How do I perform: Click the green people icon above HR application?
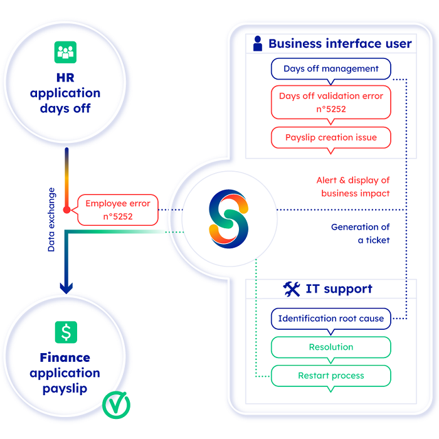(66, 53)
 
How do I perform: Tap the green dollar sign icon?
(66, 332)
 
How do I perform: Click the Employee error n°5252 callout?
(118, 209)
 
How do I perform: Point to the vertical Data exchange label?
(51, 219)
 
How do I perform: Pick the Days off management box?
(331, 69)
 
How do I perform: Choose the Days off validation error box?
(331, 102)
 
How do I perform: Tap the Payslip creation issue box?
(331, 137)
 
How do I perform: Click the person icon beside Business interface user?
(257, 43)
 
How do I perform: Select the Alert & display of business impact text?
(352, 187)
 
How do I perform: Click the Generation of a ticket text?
(360, 233)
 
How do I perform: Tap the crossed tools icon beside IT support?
(292, 289)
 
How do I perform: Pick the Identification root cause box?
(331, 319)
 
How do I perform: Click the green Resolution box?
(331, 347)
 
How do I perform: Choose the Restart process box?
(331, 376)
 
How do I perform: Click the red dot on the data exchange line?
(66, 209)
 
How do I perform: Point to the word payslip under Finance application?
(66, 388)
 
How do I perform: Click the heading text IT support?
(339, 289)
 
